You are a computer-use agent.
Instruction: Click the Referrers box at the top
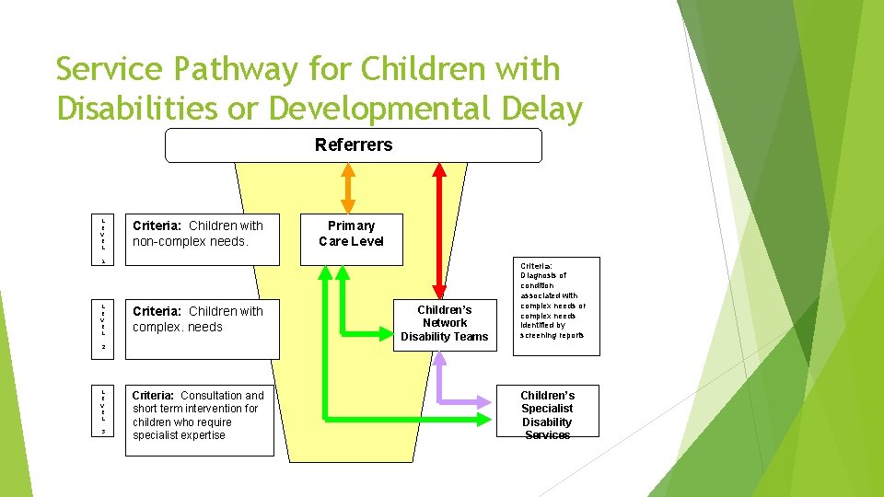pos(354,145)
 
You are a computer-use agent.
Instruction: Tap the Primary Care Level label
pos(351,233)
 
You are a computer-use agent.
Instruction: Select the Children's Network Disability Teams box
pos(444,323)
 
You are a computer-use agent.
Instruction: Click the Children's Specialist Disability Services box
pos(546,411)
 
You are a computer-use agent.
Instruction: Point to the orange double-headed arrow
pos(348,188)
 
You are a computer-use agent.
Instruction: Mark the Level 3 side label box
pos(104,410)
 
